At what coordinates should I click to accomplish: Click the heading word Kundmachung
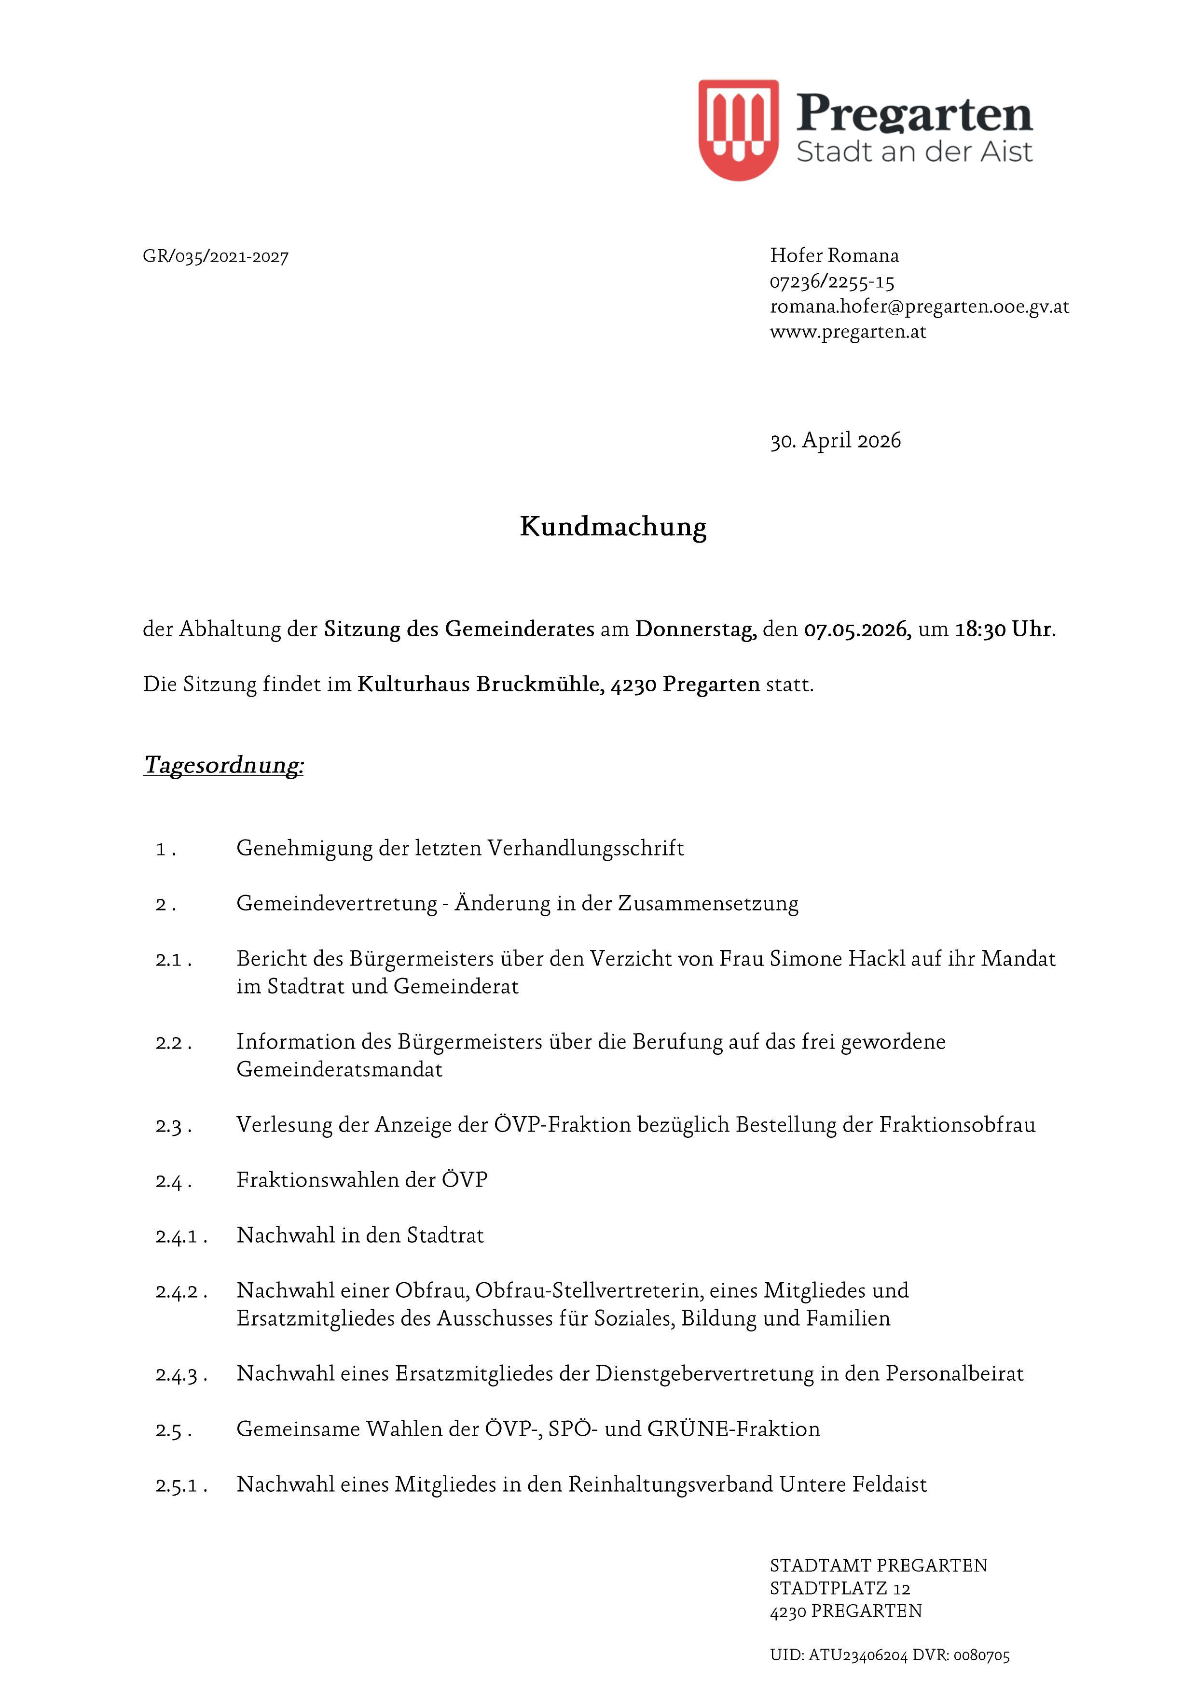pyautogui.click(x=613, y=527)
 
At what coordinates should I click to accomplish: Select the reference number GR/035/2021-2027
pyautogui.click(x=215, y=257)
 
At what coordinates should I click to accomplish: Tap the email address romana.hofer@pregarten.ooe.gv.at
pyautogui.click(x=919, y=306)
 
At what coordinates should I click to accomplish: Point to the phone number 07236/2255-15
pyautogui.click(x=832, y=282)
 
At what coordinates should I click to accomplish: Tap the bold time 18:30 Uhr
pyautogui.click(x=1004, y=630)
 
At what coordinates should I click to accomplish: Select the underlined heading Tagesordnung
pyautogui.click(x=223, y=765)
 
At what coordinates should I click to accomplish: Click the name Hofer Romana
pyautogui.click(x=834, y=255)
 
